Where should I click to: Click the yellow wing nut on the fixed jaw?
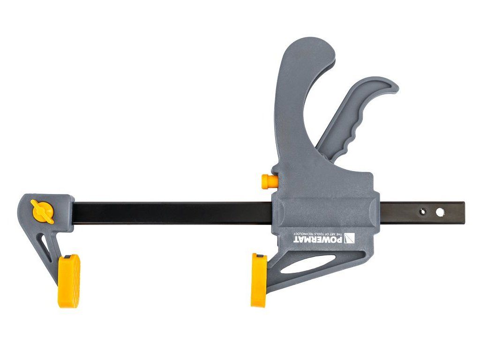[x=42, y=212]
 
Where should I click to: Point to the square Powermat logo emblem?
[x=349, y=238]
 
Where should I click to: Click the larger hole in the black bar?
[x=440, y=212]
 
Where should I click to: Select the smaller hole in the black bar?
[x=423, y=211]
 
